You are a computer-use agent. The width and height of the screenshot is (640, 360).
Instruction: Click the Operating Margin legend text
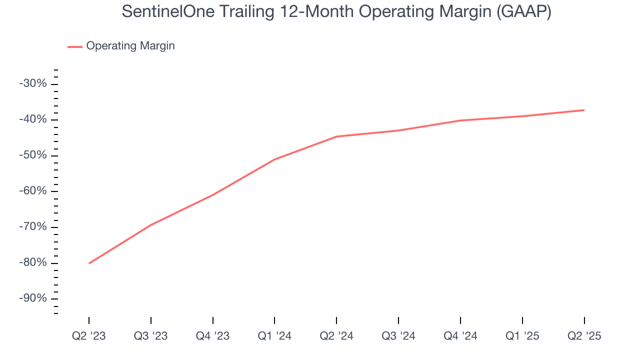(130, 46)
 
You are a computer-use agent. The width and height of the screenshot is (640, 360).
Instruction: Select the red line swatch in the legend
(75, 46)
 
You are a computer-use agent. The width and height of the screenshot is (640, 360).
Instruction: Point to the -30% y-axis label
(33, 83)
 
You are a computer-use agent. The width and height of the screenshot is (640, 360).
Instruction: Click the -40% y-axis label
(33, 119)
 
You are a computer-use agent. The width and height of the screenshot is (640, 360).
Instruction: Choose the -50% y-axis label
(33, 155)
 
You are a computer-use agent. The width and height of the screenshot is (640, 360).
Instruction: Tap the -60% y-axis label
(33, 191)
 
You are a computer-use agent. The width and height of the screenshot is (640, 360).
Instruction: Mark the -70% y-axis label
(33, 227)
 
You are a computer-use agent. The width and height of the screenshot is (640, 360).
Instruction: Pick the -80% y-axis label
(33, 263)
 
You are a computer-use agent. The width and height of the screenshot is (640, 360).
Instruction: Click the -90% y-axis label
(33, 298)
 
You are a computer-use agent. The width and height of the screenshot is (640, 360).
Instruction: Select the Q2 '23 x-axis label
(89, 336)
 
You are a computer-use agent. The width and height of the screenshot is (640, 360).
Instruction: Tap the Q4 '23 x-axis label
(213, 336)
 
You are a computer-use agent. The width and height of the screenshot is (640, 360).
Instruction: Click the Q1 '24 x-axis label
(274, 336)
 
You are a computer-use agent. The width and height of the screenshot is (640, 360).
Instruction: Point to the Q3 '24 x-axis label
(398, 336)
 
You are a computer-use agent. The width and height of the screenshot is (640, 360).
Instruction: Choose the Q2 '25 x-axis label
(584, 336)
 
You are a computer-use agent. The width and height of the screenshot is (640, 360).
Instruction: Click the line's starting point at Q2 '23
(89, 263)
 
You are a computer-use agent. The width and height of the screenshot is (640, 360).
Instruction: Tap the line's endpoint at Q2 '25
(584, 110)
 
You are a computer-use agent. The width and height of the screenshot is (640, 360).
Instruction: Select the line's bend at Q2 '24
(336, 136)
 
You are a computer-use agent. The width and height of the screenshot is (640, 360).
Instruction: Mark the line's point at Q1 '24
(274, 159)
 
